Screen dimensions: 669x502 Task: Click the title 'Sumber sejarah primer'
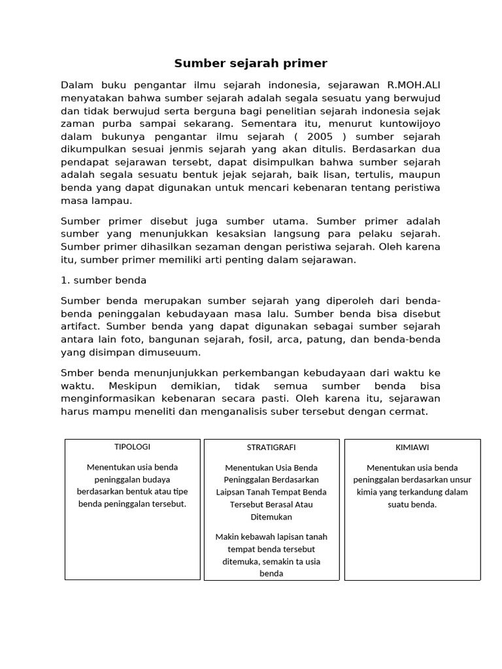[250, 63]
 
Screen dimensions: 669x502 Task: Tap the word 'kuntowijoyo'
[409, 123]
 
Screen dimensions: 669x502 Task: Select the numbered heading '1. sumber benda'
[103, 280]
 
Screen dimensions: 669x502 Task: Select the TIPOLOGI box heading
[132, 447]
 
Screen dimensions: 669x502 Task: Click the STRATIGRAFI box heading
[271, 448]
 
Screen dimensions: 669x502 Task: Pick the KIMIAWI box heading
[412, 448]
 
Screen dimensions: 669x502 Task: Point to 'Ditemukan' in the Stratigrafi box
[271, 516]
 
